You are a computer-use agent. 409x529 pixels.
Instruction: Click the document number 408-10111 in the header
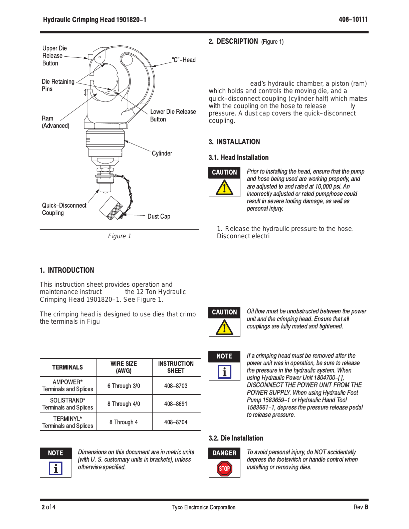click(x=353, y=19)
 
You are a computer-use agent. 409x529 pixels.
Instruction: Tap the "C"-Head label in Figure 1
click(x=184, y=60)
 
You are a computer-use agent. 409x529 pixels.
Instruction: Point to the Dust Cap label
click(x=159, y=217)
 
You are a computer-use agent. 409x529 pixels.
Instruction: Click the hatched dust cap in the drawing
click(x=112, y=208)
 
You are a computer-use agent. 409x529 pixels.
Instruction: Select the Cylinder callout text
click(x=162, y=154)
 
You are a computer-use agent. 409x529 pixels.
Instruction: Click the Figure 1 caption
click(x=120, y=236)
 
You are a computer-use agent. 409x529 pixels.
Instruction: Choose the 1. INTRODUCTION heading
click(x=67, y=270)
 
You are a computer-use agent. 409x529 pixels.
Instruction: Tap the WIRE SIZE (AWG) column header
click(x=124, y=367)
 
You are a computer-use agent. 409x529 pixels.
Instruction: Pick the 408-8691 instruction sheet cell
click(x=176, y=404)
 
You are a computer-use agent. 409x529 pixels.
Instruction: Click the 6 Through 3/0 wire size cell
click(x=124, y=386)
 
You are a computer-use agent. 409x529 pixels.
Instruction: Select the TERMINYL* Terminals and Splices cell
click(x=68, y=422)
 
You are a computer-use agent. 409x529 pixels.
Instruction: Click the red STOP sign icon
click(x=224, y=469)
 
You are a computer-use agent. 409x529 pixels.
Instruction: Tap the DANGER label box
click(x=224, y=453)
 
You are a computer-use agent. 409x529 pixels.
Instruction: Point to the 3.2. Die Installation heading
click(x=236, y=438)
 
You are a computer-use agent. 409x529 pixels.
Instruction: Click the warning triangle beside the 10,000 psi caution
click(x=224, y=188)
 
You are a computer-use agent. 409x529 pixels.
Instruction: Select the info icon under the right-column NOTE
click(x=224, y=372)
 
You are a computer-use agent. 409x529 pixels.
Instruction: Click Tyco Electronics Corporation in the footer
click(x=204, y=507)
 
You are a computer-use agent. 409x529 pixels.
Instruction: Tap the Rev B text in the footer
click(x=361, y=507)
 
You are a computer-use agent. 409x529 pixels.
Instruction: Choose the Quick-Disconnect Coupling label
click(x=64, y=209)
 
